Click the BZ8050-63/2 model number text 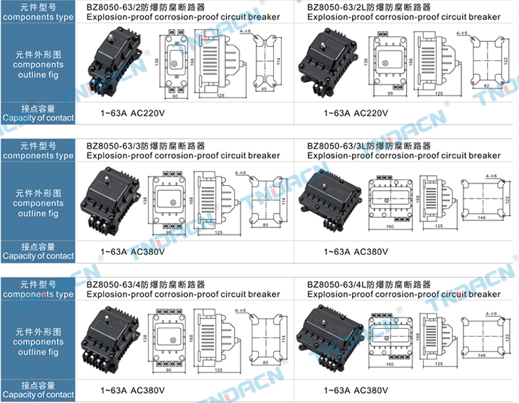click(114, 7)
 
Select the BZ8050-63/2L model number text click(338, 7)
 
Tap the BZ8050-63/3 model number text click(114, 145)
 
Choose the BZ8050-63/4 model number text click(114, 284)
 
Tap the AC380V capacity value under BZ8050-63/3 click(146, 251)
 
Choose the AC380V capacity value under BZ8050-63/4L click(370, 390)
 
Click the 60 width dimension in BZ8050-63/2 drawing click(175, 96)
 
